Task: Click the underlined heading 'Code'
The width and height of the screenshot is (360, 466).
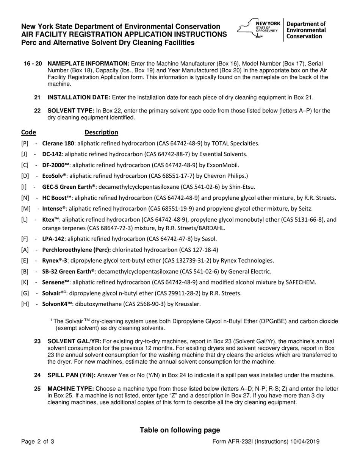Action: pos(28,132)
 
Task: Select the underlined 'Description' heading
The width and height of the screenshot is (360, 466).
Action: pos(101,132)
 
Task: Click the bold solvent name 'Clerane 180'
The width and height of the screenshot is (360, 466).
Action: pos(58,144)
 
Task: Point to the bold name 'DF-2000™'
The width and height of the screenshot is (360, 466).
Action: pos(56,165)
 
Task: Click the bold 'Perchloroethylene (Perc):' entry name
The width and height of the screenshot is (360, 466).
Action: pos(76,250)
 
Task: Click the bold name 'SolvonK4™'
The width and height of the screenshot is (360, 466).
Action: pos(57,304)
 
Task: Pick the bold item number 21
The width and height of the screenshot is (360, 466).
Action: pos(37,98)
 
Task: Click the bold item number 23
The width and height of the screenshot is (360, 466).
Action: pos(37,341)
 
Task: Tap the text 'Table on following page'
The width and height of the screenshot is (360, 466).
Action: pos(180,430)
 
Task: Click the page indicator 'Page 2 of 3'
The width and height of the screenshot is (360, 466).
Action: pos(38,441)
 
